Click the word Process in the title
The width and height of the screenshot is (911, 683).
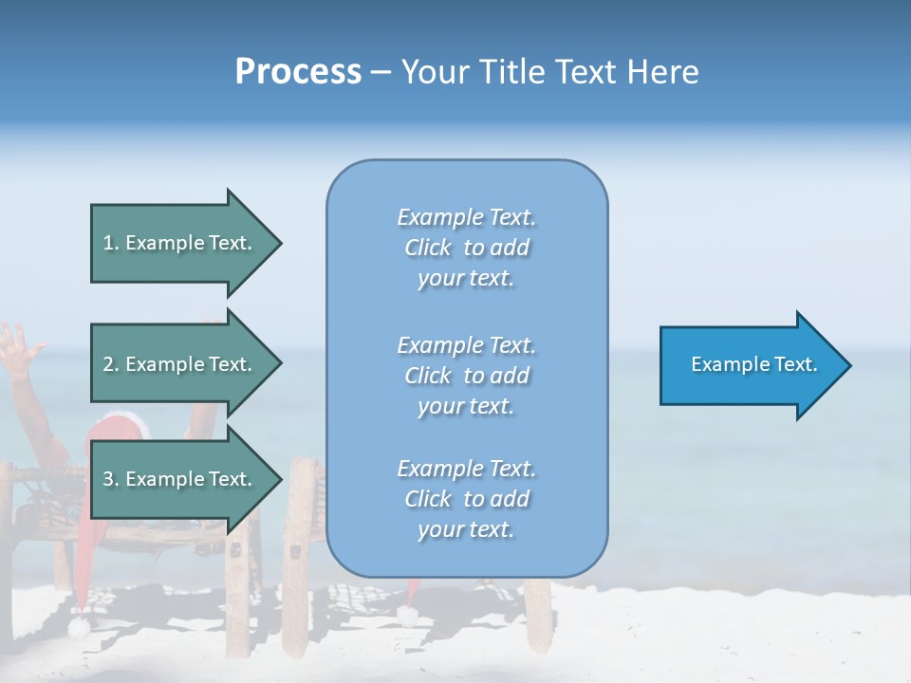[298, 72]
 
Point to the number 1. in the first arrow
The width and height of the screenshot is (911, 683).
[111, 243]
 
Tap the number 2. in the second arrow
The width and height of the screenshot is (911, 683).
[111, 364]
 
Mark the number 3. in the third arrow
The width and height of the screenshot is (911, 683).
[111, 479]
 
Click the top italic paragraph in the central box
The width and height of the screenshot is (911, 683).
[466, 248]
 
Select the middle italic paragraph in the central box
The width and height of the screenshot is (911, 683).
[466, 376]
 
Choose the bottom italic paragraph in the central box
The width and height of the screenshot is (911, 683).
[466, 499]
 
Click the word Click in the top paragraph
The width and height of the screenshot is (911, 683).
[428, 248]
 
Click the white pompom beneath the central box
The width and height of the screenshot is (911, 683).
[408, 616]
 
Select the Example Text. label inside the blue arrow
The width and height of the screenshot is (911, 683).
[754, 364]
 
